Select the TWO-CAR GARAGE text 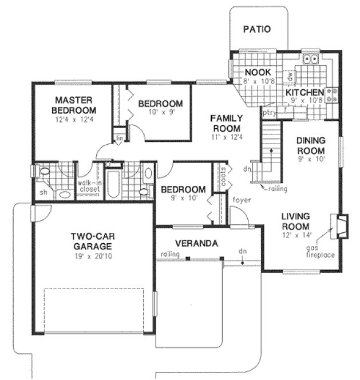92,241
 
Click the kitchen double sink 311,58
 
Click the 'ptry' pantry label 269,113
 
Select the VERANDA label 196,243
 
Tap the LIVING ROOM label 295,221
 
